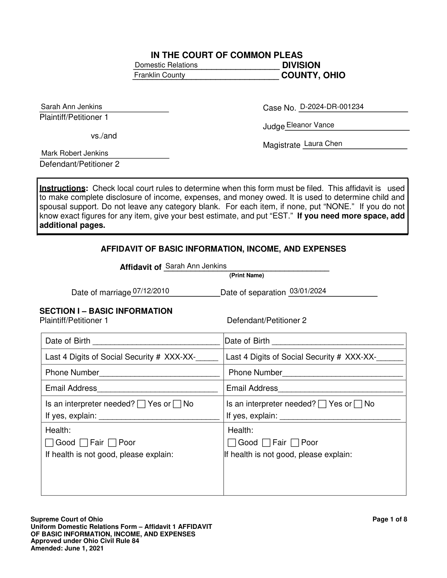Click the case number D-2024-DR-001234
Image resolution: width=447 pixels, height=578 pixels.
[x=332, y=107]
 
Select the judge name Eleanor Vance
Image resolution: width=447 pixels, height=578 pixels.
[x=310, y=125]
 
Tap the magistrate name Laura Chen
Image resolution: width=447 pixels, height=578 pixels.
[x=323, y=144]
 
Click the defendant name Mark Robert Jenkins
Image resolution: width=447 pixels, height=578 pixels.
[x=74, y=153]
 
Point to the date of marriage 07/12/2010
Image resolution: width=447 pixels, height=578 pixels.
[x=151, y=291]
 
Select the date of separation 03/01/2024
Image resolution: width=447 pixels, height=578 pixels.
[x=308, y=291]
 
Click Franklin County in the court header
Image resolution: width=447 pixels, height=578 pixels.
[x=159, y=75]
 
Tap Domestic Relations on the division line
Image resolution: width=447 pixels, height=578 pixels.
[x=166, y=65]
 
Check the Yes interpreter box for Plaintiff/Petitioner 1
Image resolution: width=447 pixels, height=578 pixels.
[x=142, y=404]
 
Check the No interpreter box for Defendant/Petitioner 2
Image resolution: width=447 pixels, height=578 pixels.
[x=358, y=404]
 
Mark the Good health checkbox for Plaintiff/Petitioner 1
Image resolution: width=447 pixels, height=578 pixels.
[x=49, y=443]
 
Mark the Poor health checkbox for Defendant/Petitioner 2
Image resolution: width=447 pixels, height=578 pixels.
[x=295, y=443]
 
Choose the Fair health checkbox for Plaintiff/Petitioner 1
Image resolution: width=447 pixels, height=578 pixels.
[x=84, y=443]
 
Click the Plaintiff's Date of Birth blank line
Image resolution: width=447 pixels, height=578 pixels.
[x=156, y=341]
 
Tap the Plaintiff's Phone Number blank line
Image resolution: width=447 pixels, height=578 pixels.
[x=159, y=373]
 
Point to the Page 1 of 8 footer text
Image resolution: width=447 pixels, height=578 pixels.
[x=390, y=520]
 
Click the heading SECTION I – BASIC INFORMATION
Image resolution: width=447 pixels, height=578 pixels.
[x=106, y=311]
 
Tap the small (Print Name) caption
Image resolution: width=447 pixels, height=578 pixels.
[x=246, y=275]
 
